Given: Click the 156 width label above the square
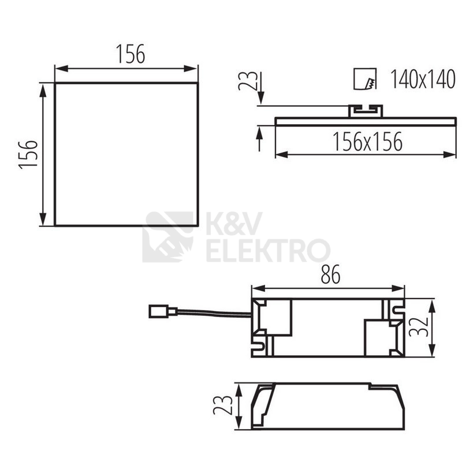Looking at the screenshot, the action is (131, 54).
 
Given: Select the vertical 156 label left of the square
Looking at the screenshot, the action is (28, 154).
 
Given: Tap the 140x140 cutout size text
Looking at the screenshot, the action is (423, 79).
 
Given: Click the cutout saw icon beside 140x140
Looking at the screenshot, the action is (365, 79).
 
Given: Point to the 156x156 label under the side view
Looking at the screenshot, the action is (367, 141).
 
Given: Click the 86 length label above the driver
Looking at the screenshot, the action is (330, 274).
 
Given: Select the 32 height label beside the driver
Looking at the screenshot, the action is (419, 327).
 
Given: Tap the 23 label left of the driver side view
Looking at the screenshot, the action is (223, 405).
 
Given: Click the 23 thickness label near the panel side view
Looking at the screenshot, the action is (248, 81).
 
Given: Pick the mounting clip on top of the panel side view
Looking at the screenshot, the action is (366, 111).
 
